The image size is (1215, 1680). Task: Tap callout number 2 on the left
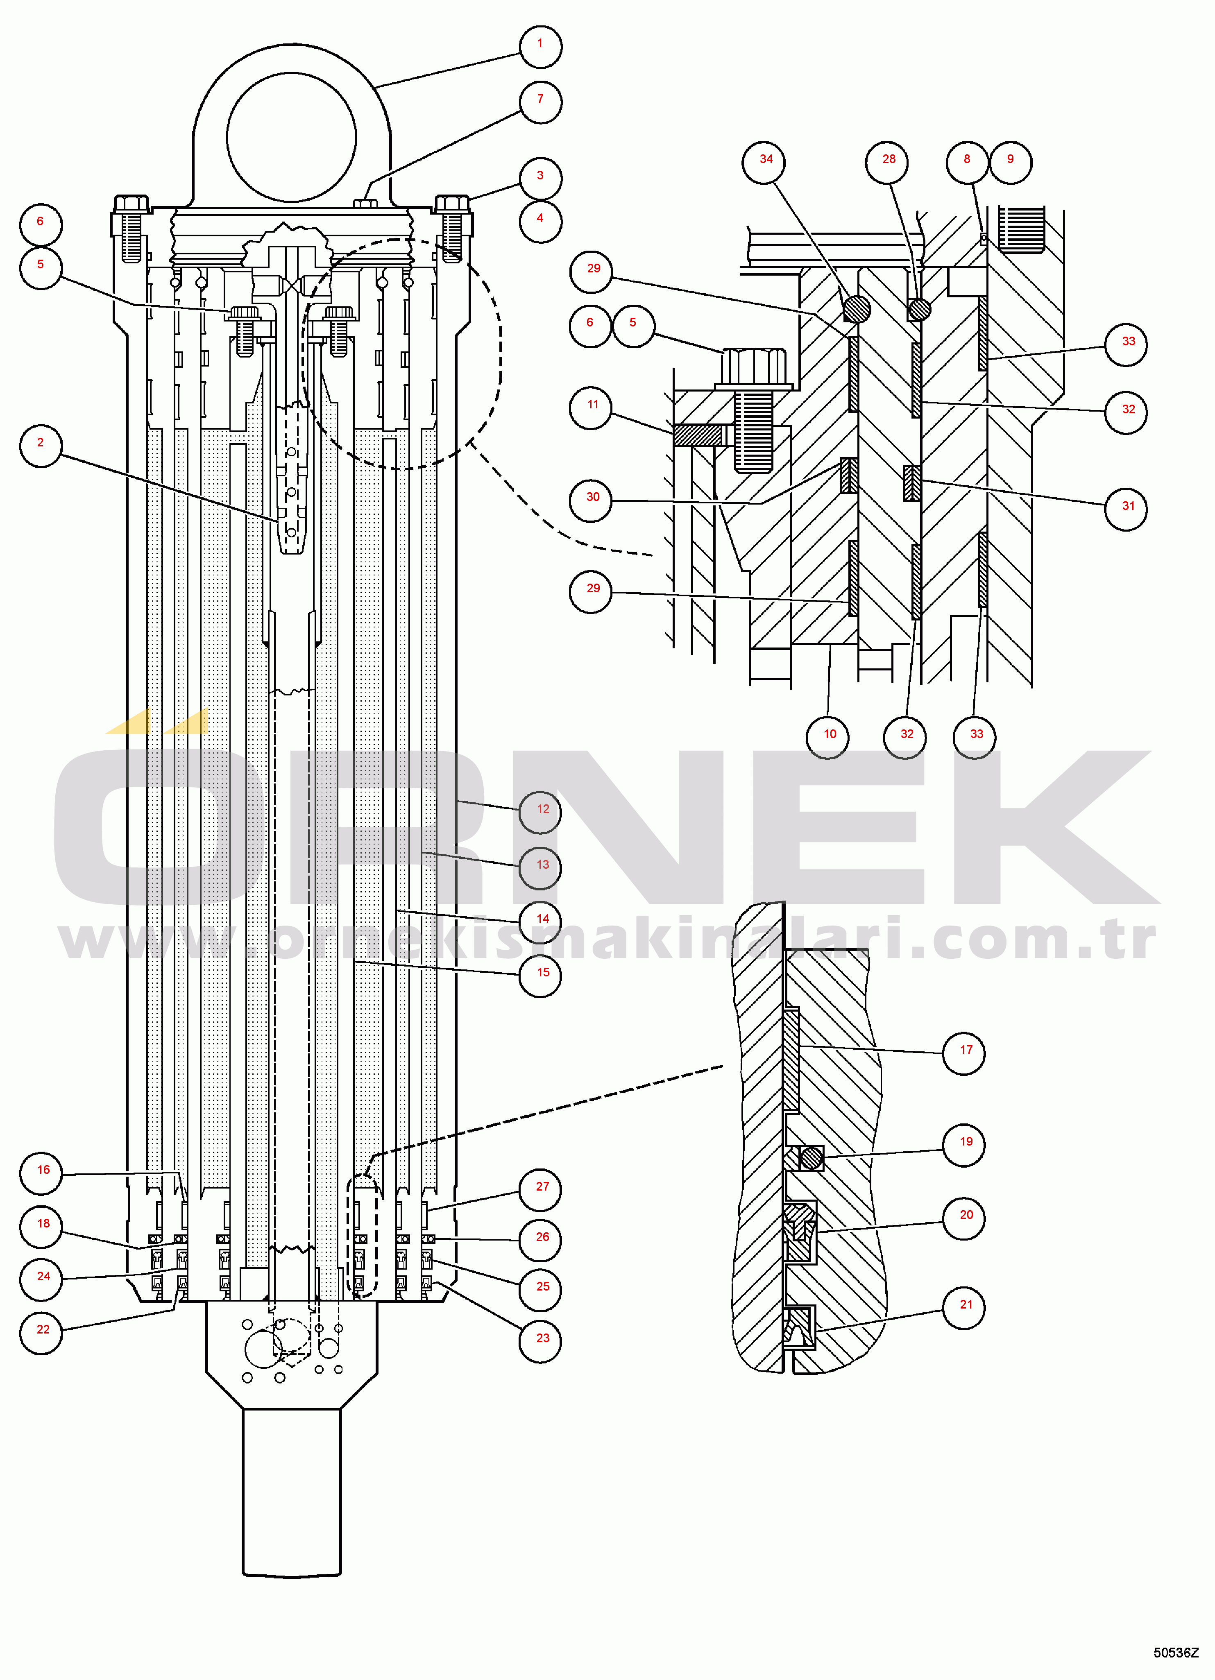[x=41, y=445]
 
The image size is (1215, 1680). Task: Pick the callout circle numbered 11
[x=591, y=407]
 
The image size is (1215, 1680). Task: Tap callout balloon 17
[x=965, y=1052]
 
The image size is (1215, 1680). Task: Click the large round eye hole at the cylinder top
[x=291, y=138]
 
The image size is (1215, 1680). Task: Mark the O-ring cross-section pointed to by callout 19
[x=811, y=1157]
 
